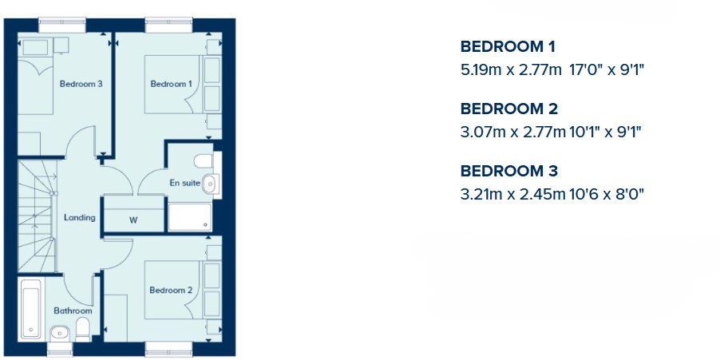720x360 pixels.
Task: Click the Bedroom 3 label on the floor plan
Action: coord(81,84)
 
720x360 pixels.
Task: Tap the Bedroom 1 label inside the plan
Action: coord(172,84)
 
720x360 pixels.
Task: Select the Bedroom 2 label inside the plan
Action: coord(171,291)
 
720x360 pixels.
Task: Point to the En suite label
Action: coord(185,183)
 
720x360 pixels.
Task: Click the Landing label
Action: coord(80,218)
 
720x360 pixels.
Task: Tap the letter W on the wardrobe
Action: coord(133,220)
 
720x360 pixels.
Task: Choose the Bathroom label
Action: coord(73,311)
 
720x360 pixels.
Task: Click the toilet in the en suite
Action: coord(204,161)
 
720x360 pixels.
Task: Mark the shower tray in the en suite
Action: coord(190,217)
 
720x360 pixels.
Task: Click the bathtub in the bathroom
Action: coord(31,310)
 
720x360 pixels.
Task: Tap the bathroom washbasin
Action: coord(60,332)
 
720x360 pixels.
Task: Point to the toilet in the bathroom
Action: coord(83,330)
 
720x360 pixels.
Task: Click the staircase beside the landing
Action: coord(38,216)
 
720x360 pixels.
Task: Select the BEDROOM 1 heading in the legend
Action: coord(508,46)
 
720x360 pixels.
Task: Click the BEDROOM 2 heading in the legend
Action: coord(509,109)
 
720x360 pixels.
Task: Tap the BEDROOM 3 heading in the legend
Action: coord(509,171)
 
